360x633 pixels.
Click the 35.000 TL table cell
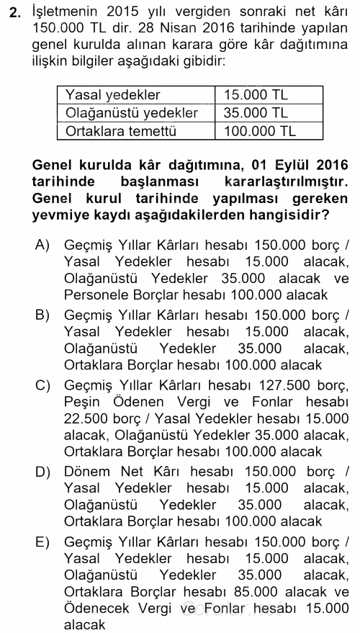(256, 113)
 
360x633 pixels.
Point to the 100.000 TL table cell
(259, 131)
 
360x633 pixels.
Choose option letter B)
(42, 314)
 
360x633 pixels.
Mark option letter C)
(42, 384)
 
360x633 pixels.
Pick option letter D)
(42, 471)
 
